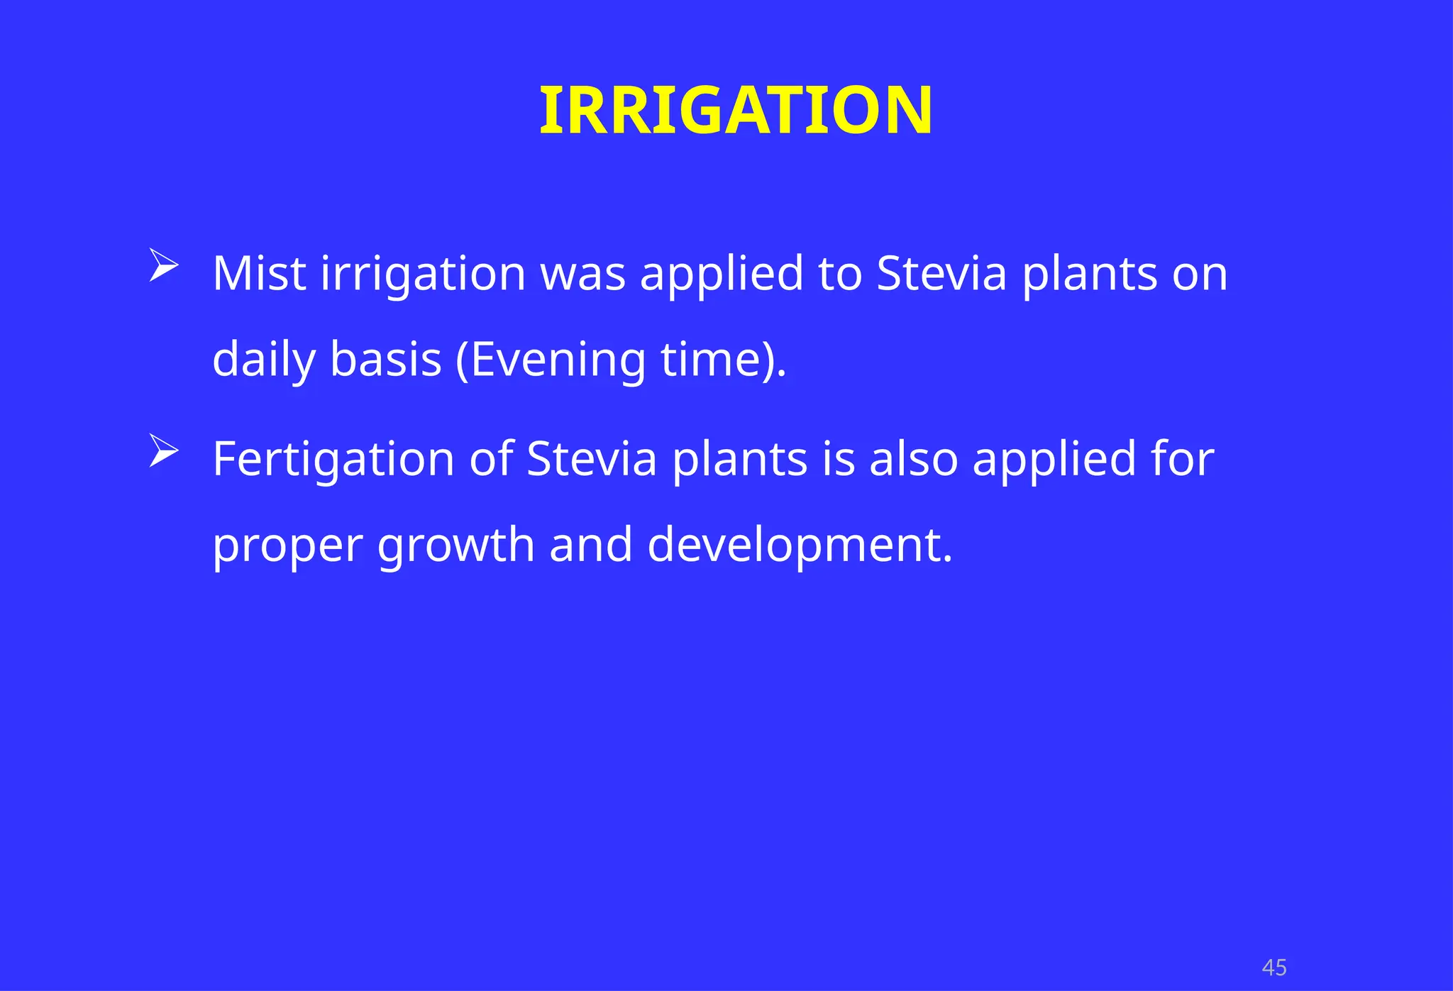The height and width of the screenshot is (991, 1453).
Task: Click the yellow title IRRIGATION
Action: point(736,111)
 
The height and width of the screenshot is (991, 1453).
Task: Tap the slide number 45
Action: point(1274,968)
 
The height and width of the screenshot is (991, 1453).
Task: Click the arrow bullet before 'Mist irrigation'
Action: point(163,266)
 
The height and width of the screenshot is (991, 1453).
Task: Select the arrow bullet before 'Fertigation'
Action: point(163,451)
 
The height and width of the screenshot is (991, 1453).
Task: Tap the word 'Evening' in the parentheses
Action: point(557,360)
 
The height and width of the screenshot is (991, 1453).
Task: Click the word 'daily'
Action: point(263,360)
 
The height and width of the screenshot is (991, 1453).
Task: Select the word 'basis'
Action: point(386,360)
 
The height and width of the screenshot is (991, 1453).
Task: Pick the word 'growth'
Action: point(455,546)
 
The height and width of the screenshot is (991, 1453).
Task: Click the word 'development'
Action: point(799,546)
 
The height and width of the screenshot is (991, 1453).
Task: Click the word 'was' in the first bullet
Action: point(583,275)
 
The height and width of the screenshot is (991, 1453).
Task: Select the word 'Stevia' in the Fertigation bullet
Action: point(592,459)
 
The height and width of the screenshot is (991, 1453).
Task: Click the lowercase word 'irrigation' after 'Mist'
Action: point(423,275)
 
